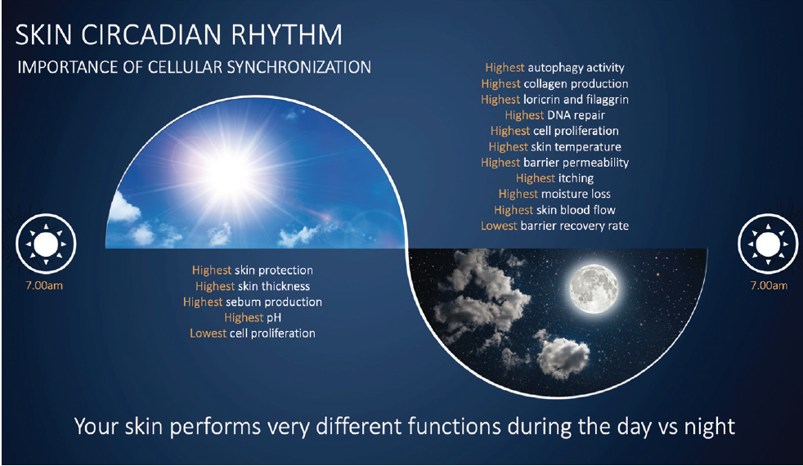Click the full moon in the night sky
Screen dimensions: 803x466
(594, 289)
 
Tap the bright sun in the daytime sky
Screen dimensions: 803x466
(229, 173)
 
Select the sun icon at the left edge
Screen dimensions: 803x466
(46, 244)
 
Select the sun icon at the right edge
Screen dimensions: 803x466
(768, 244)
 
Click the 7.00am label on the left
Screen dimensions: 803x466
(44, 286)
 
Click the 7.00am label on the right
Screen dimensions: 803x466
(769, 286)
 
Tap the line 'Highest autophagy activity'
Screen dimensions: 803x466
(554, 68)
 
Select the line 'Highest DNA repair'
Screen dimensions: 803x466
(554, 115)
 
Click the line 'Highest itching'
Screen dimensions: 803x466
(554, 178)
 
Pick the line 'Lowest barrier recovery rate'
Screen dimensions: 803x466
(554, 226)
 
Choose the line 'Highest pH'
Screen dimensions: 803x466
(253, 317)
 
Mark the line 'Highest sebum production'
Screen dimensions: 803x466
(253, 302)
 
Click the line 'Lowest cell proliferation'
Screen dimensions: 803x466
(253, 334)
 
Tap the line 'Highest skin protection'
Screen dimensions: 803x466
(253, 271)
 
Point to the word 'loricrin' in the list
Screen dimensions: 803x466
(542, 100)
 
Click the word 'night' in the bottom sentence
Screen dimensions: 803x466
(710, 427)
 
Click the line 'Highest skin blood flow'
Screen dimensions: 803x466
(554, 210)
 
